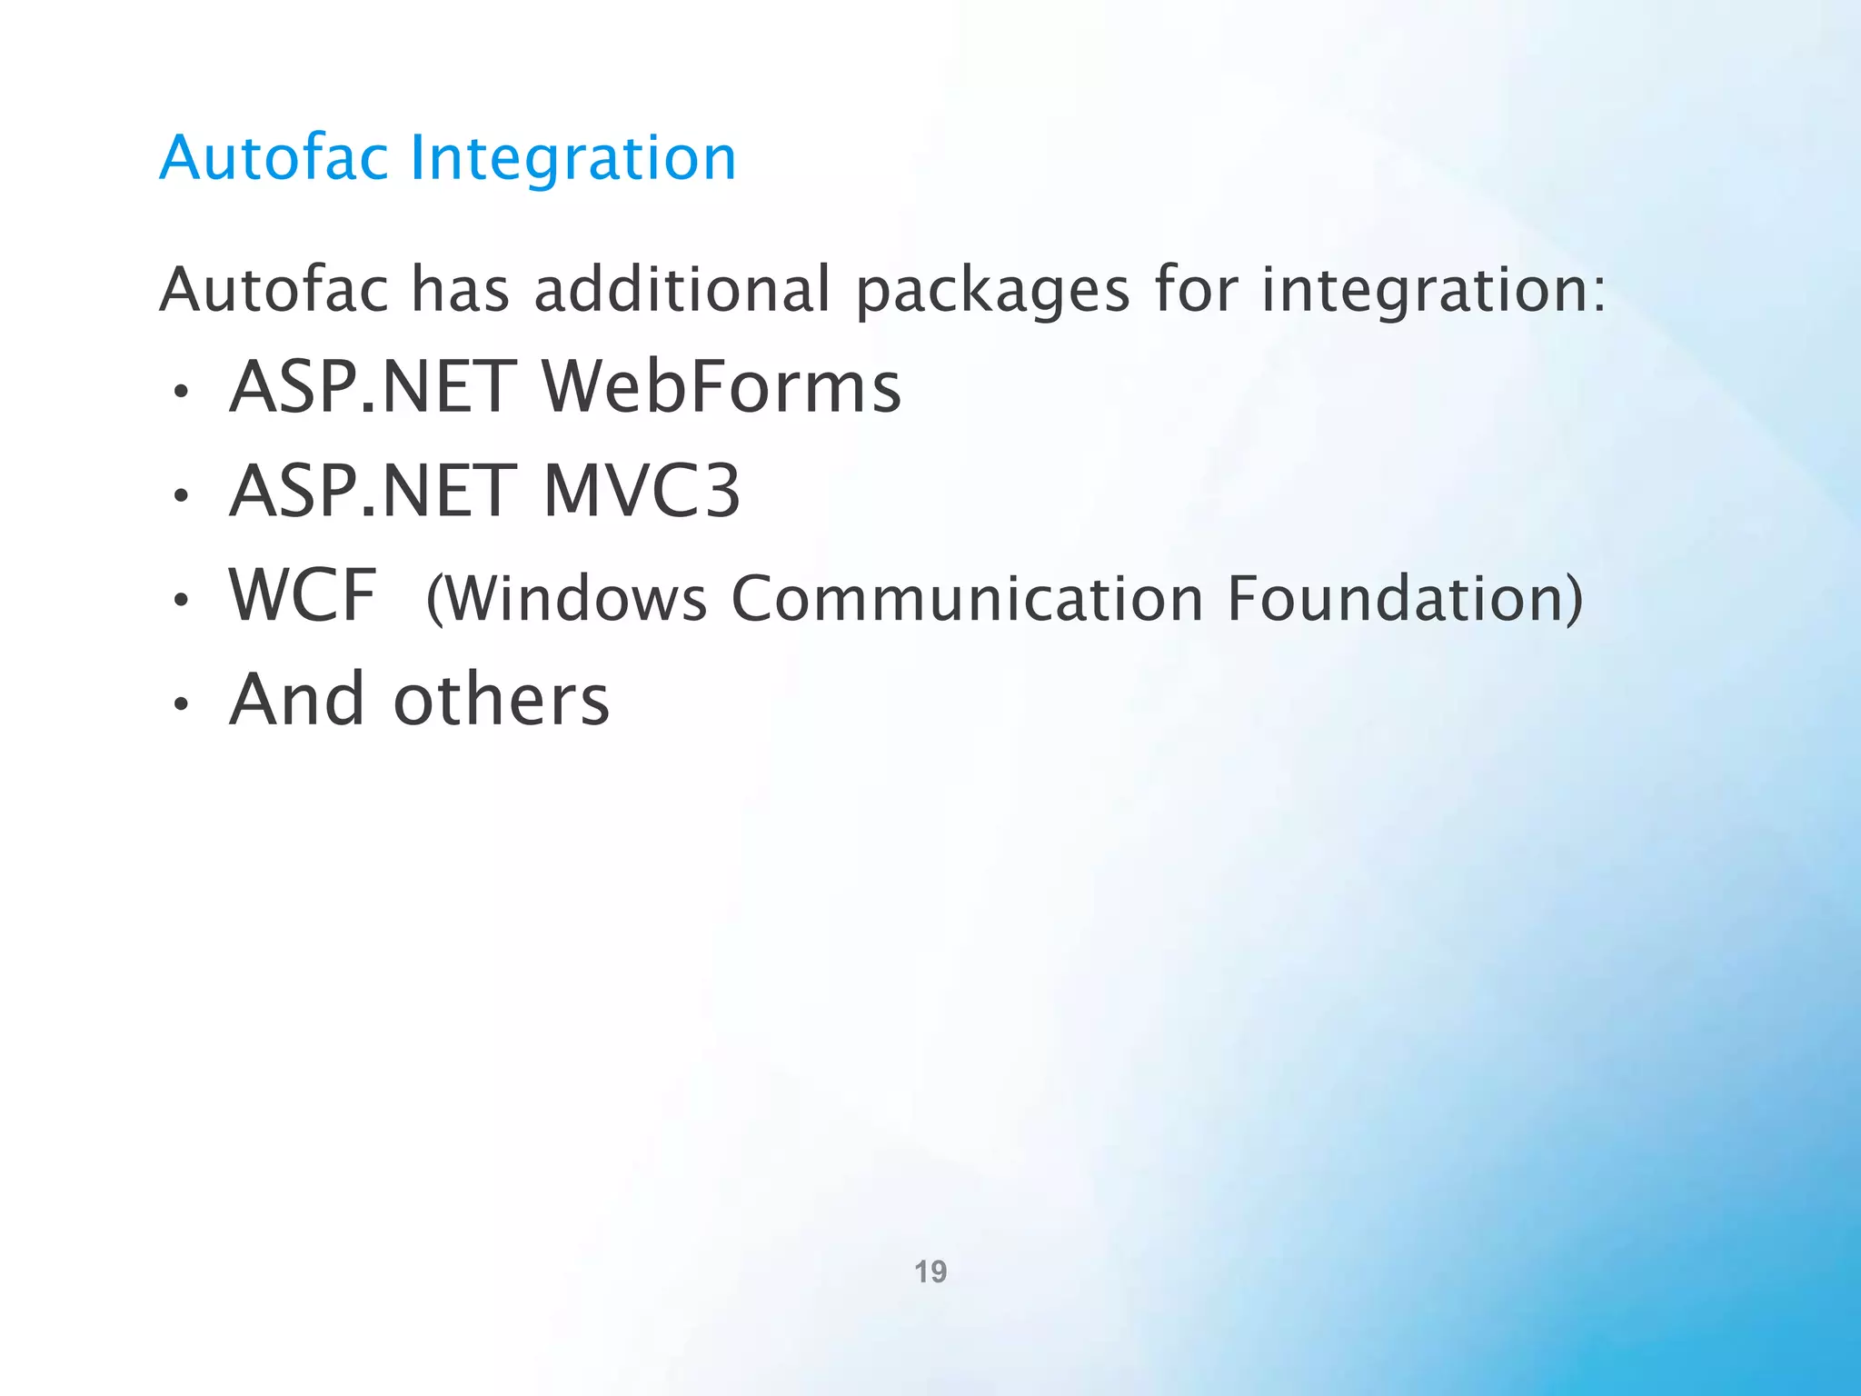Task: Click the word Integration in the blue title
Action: click(x=572, y=158)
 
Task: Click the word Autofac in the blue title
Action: click(x=274, y=158)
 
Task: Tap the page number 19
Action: click(x=930, y=1271)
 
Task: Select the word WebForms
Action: click(x=722, y=387)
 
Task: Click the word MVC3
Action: click(x=642, y=492)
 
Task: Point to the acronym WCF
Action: click(x=303, y=595)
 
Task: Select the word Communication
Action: click(x=967, y=599)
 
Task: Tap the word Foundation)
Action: click(x=1405, y=599)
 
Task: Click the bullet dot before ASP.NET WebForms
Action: click(x=182, y=393)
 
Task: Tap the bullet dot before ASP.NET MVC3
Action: click(x=182, y=496)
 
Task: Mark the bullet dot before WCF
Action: click(x=182, y=600)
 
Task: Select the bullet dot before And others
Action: click(x=182, y=703)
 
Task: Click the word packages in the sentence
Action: click(x=992, y=291)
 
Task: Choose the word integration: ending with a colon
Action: click(x=1434, y=291)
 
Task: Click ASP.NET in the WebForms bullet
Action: click(x=373, y=387)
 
